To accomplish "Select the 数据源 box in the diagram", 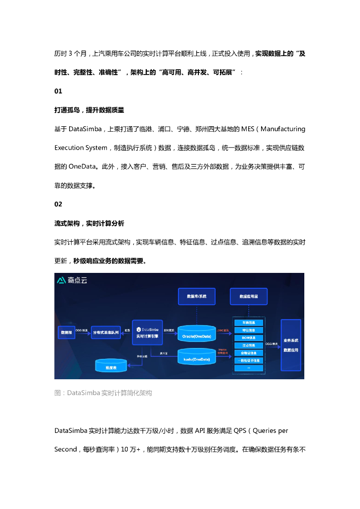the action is (66, 332).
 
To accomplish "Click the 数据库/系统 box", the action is (197, 296).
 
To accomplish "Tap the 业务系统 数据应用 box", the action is (290, 345).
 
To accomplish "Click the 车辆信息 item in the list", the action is (249, 323).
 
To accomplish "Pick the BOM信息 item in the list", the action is (249, 338).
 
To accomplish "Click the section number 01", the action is (58, 91).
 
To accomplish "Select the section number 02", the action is (58, 204).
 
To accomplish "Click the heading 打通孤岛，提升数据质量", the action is (89, 110).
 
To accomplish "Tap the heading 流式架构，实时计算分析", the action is (89, 223).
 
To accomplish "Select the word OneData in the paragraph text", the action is (84, 167).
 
